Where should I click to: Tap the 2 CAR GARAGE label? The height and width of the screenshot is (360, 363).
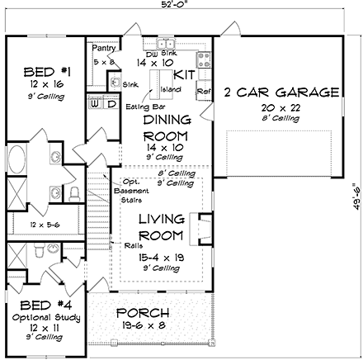[280, 92]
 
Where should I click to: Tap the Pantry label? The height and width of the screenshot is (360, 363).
[103, 49]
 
